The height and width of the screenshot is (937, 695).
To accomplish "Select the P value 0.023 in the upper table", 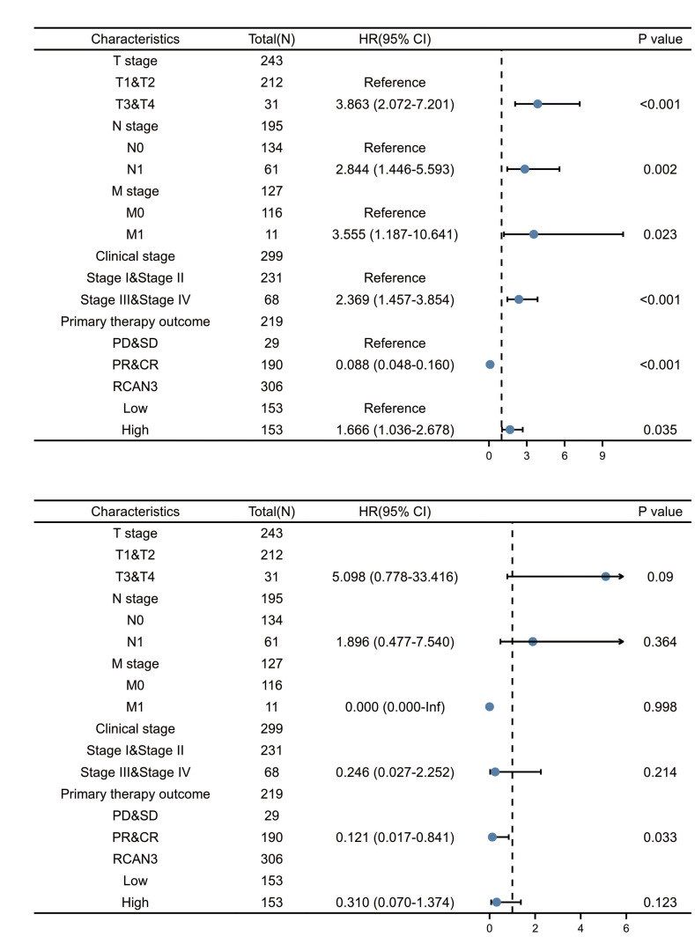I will [x=659, y=234].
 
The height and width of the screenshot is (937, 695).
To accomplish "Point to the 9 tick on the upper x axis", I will [x=602, y=456].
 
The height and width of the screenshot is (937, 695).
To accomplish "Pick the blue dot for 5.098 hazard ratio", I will [x=605, y=576].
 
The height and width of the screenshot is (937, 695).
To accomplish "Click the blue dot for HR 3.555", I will [x=534, y=234].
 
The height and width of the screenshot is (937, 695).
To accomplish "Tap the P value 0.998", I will [x=659, y=706].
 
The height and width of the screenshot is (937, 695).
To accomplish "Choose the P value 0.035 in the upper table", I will [x=659, y=430].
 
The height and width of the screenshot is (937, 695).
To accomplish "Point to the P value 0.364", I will [x=659, y=641].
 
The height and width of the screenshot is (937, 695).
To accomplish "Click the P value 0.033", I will [x=659, y=837].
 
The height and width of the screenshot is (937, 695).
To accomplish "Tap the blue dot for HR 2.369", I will [x=519, y=299].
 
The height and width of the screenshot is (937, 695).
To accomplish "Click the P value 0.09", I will [x=659, y=576].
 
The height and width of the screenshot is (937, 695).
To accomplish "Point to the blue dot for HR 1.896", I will [x=532, y=641].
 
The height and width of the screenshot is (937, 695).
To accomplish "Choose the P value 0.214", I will [x=659, y=771].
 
